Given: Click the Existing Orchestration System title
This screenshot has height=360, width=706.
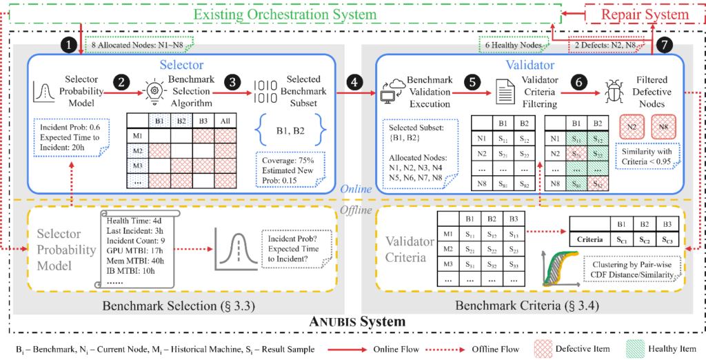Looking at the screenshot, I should tap(285, 14).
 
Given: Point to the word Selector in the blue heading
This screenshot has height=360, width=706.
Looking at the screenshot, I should tap(181, 65).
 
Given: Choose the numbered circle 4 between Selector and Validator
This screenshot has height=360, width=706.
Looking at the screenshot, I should tap(355, 82).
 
